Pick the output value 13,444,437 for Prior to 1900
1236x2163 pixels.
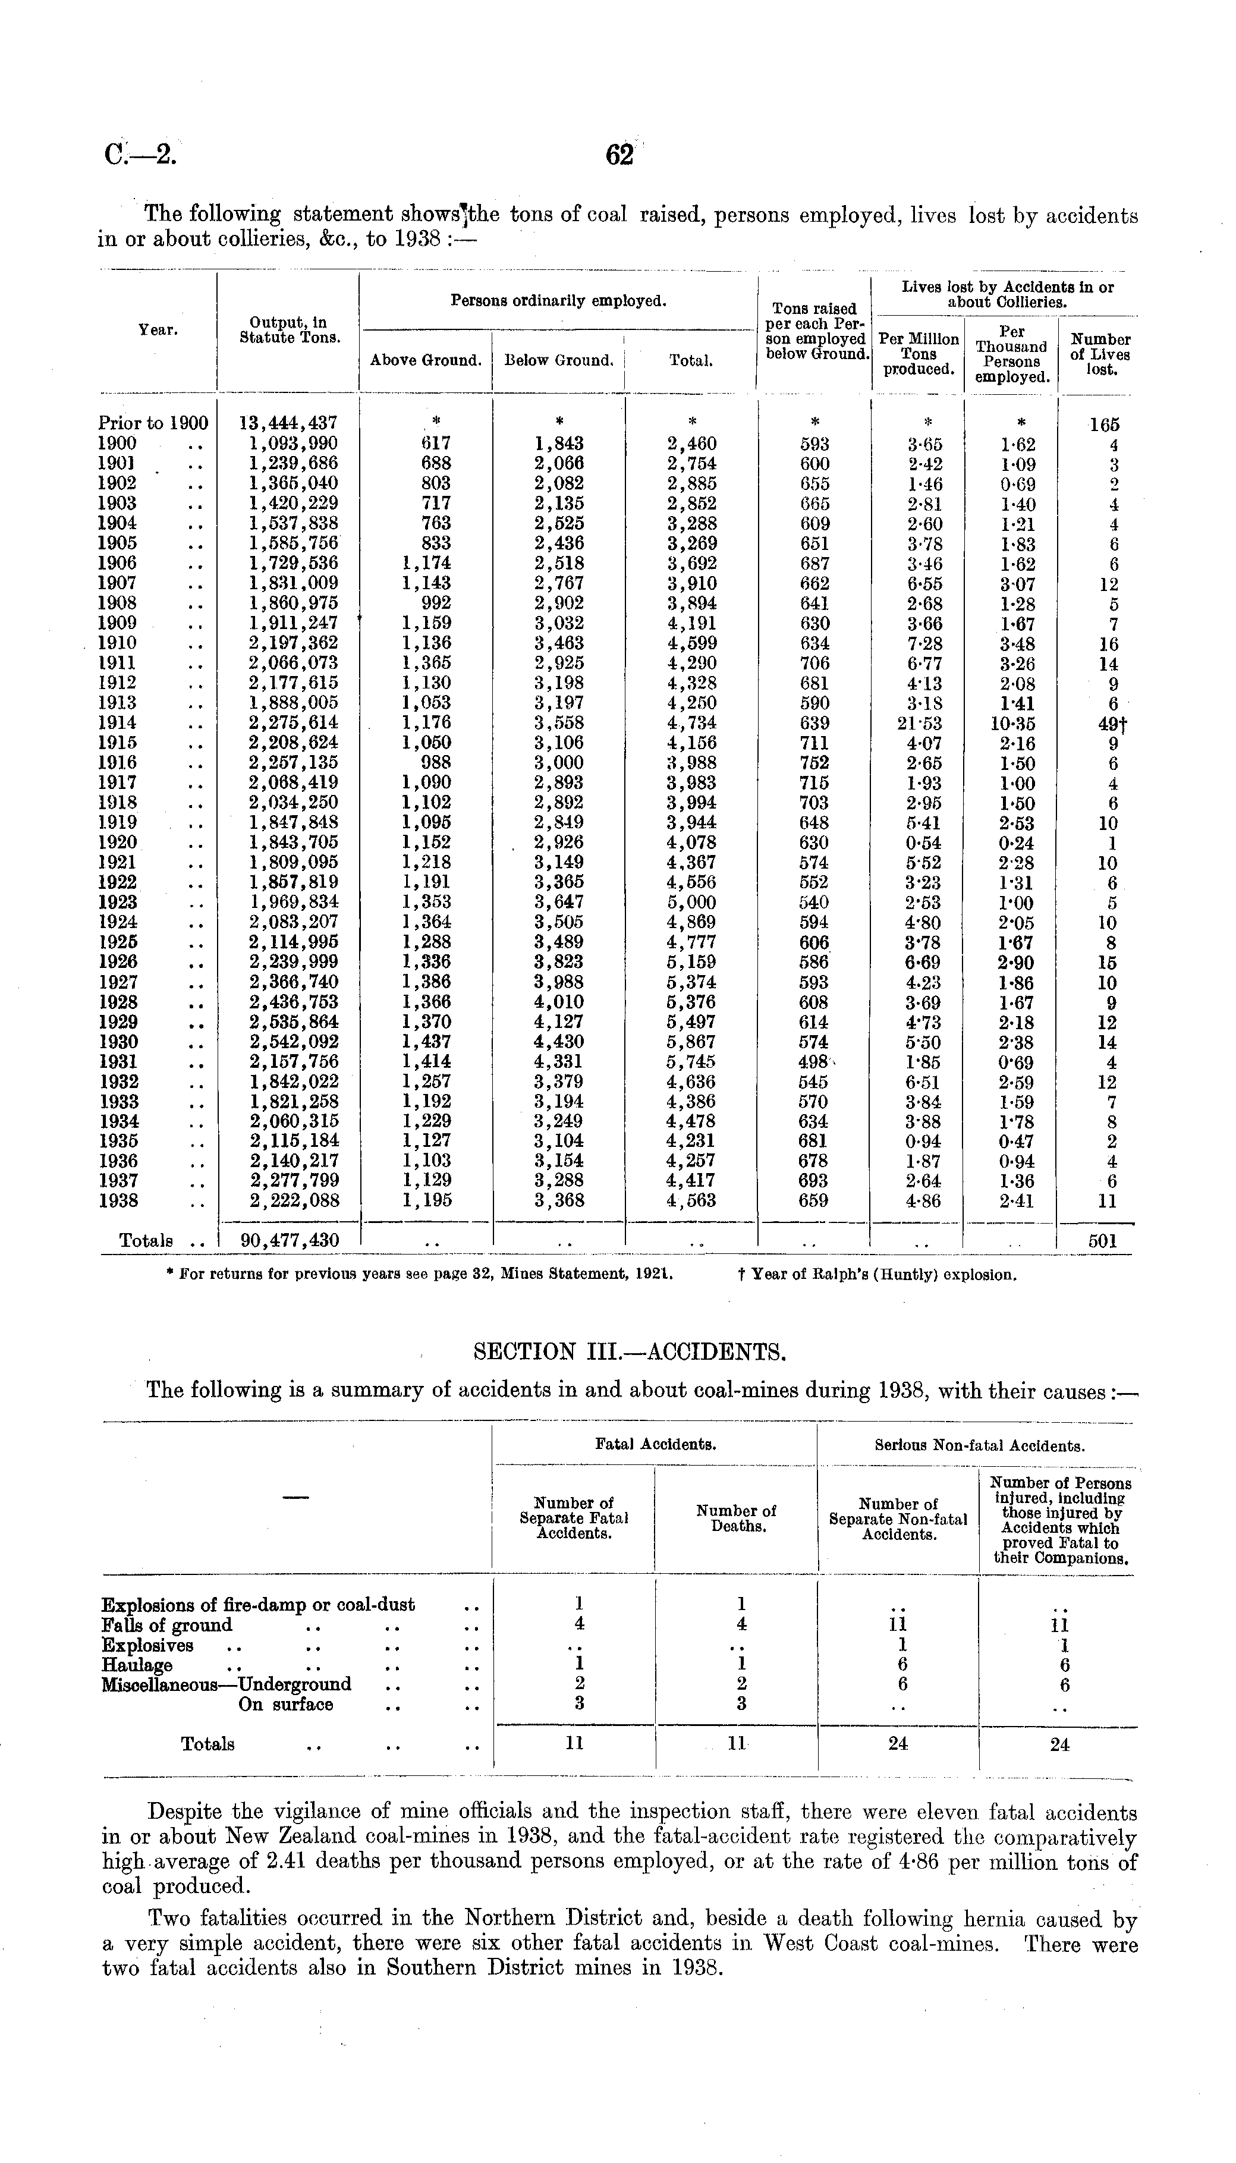(x=288, y=422)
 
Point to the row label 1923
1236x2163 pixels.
(x=119, y=903)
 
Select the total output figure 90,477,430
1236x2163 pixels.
(x=290, y=1240)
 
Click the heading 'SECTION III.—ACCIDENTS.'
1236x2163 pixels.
(x=617, y=1351)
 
